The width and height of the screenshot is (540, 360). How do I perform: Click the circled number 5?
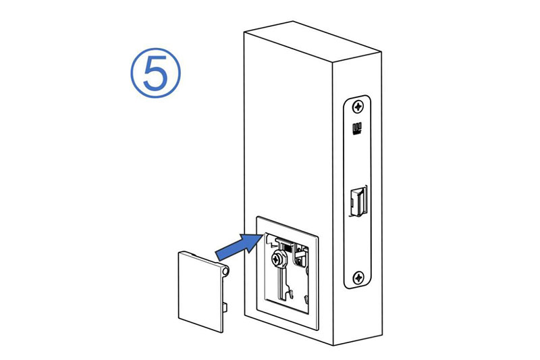point(155,73)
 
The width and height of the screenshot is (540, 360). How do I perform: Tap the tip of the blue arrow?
point(263,234)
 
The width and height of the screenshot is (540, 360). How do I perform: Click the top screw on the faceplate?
point(358,106)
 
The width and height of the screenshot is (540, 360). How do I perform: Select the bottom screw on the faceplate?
point(358,277)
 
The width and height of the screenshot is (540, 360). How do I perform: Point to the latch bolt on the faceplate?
point(358,202)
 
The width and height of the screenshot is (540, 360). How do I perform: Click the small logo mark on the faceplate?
point(357,128)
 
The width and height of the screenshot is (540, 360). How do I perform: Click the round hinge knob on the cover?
point(225,270)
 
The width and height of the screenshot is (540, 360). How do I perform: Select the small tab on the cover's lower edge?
point(225,307)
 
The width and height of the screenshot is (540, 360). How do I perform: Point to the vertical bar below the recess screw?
point(281,282)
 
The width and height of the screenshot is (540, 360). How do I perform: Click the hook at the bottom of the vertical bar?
point(290,294)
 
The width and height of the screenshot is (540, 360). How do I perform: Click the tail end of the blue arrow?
point(218,256)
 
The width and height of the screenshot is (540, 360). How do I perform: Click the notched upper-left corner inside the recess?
point(271,242)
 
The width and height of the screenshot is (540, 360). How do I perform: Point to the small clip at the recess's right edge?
point(306,299)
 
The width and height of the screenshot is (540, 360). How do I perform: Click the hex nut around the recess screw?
point(279,259)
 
